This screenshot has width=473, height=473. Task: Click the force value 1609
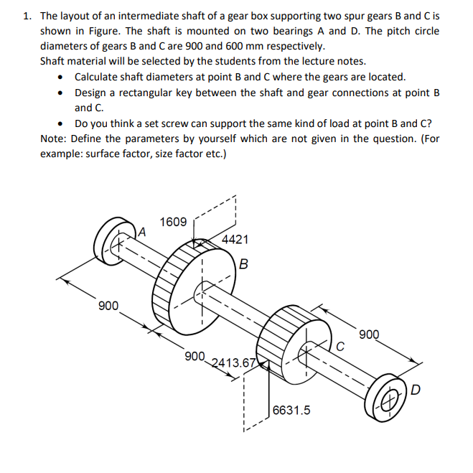coord(172,222)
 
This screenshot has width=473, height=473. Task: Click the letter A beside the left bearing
coord(142,231)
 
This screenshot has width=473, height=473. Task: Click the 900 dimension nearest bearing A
coord(108,306)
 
